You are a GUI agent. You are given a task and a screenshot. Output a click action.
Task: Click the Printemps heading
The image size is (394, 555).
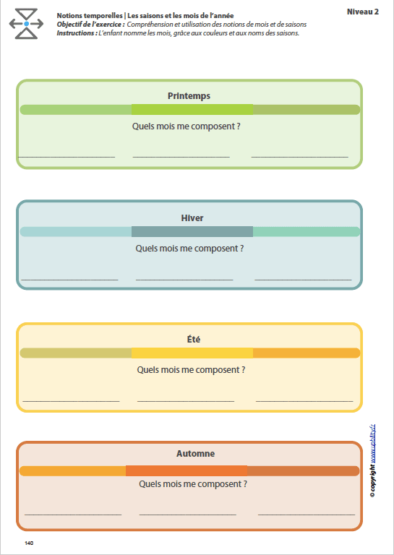(x=189, y=95)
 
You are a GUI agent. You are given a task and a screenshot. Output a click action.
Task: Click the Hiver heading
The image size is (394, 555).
(x=192, y=218)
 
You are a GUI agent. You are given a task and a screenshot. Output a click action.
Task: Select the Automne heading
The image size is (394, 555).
(x=195, y=454)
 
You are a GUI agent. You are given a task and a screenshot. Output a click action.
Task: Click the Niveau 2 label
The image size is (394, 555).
(x=362, y=12)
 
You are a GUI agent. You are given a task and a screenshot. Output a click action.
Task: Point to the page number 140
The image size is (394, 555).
(x=29, y=543)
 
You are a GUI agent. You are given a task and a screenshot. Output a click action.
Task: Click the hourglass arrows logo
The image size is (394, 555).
(x=26, y=24)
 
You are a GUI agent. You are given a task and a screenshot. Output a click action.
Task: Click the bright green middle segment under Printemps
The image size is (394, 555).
(x=192, y=110)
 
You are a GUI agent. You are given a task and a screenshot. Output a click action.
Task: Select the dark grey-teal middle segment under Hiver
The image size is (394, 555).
(x=192, y=232)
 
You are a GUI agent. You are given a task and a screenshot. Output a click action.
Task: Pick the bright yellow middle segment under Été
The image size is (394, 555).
(x=192, y=353)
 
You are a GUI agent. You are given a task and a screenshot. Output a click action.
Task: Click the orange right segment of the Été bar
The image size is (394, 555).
(x=306, y=353)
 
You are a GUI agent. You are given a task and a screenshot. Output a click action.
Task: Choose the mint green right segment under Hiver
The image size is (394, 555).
(x=306, y=232)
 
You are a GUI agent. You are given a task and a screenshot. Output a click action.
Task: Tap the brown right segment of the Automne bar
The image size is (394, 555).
(x=303, y=471)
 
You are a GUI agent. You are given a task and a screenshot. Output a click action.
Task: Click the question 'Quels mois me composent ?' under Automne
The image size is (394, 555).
(x=192, y=484)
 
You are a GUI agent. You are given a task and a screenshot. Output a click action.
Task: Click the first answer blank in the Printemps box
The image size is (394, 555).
(x=67, y=156)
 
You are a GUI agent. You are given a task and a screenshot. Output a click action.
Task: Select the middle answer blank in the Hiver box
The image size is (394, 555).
(x=184, y=278)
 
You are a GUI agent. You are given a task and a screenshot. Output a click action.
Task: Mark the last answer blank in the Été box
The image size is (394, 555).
(x=304, y=400)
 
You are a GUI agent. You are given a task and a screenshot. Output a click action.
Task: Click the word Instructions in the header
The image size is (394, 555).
(x=76, y=33)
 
